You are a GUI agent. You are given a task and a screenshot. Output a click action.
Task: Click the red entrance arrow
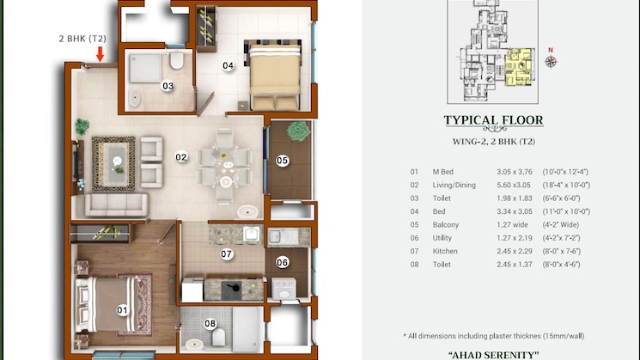[100, 54]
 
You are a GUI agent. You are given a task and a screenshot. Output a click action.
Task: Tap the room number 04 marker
[228, 65]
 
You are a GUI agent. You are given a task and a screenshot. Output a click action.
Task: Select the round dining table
[226, 167]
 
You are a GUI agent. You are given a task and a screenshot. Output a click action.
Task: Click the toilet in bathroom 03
[177, 60]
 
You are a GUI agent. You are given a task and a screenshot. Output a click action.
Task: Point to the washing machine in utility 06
[283, 289]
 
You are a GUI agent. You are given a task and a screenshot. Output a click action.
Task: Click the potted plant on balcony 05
[298, 131]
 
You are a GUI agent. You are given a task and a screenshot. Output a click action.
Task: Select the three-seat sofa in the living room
[116, 204]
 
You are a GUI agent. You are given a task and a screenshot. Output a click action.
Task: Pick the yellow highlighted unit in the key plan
[519, 67]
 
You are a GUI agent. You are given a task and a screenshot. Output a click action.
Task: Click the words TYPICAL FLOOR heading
[493, 120]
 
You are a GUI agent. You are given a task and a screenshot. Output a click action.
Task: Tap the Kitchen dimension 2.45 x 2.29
[515, 251]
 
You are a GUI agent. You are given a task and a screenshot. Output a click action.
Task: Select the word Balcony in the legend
[446, 224]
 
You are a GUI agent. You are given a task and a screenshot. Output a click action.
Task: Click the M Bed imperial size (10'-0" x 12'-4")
[565, 172]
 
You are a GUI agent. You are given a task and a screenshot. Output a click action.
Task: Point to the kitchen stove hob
[231, 290]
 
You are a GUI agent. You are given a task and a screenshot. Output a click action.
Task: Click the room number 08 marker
[210, 324]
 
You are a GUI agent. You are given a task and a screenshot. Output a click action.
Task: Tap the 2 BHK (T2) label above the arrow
[82, 39]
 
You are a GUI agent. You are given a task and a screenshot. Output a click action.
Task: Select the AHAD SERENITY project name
[493, 355]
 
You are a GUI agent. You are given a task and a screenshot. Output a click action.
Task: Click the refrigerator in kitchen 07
[192, 290]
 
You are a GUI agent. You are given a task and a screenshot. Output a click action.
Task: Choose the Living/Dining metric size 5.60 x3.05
[515, 185]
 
